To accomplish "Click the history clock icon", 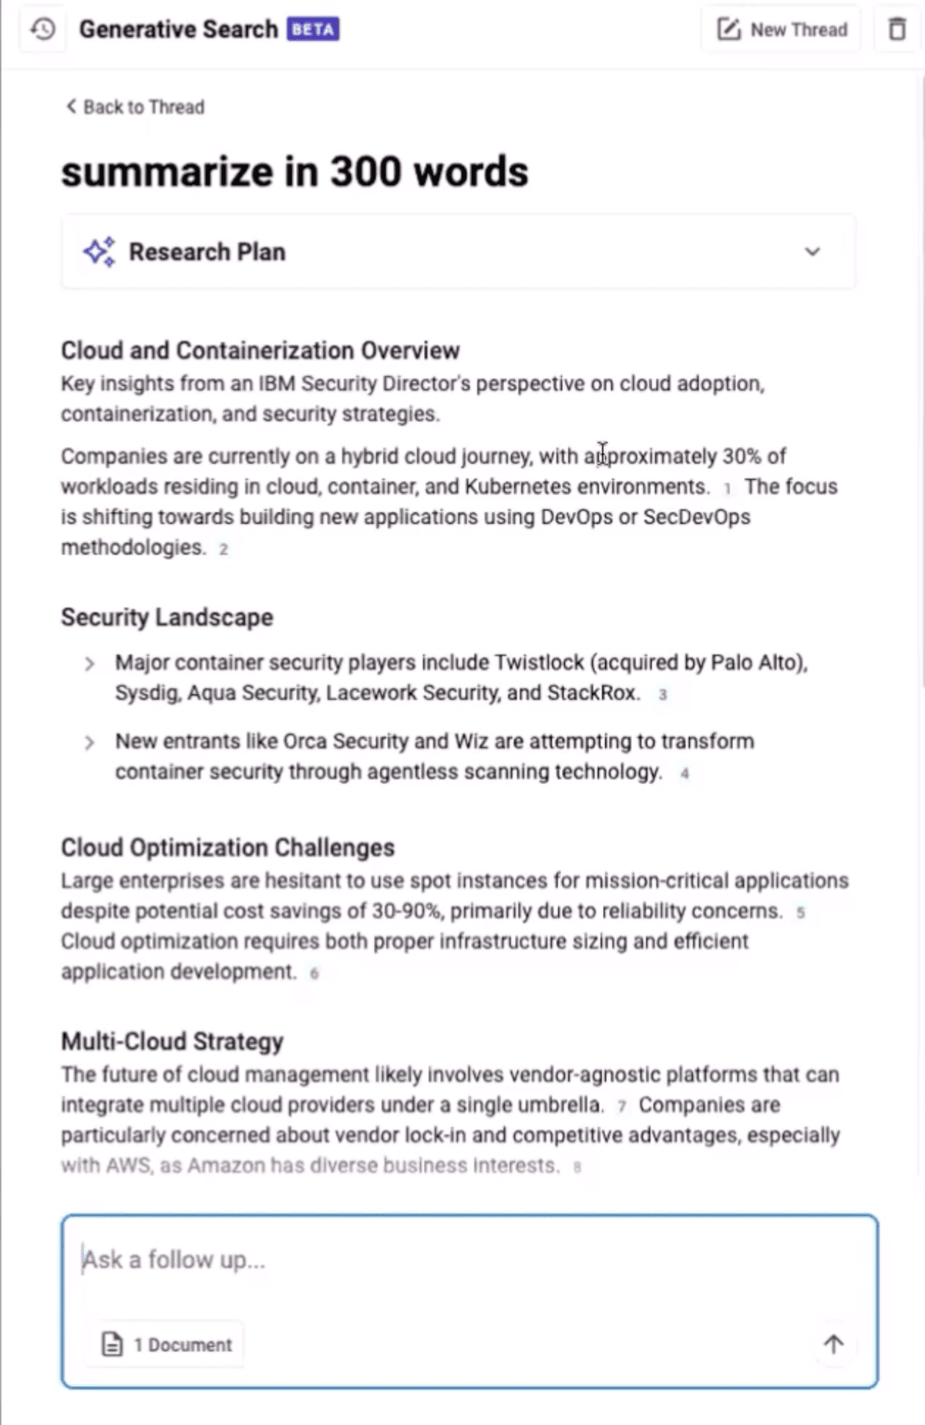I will point(43,30).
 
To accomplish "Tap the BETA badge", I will point(313,30).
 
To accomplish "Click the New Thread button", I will point(782,30).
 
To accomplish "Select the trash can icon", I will point(897,30).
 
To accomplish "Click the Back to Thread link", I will point(136,107).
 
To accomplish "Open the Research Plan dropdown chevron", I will point(812,252).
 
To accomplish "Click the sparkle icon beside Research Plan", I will point(99,252).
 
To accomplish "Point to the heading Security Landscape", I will point(166,617).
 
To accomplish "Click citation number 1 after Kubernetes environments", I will point(727,488).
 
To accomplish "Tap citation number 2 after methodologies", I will point(224,549).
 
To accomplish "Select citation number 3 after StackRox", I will point(662,695).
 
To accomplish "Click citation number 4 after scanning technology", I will point(684,773).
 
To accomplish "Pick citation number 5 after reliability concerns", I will point(801,913).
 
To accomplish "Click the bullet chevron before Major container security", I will point(89,664).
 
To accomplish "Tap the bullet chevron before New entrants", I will point(89,743).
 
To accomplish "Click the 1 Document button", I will point(166,1345).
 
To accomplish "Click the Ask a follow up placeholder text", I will point(174,1260).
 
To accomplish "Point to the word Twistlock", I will point(540,662).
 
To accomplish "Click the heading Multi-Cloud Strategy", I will point(172,1041).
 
